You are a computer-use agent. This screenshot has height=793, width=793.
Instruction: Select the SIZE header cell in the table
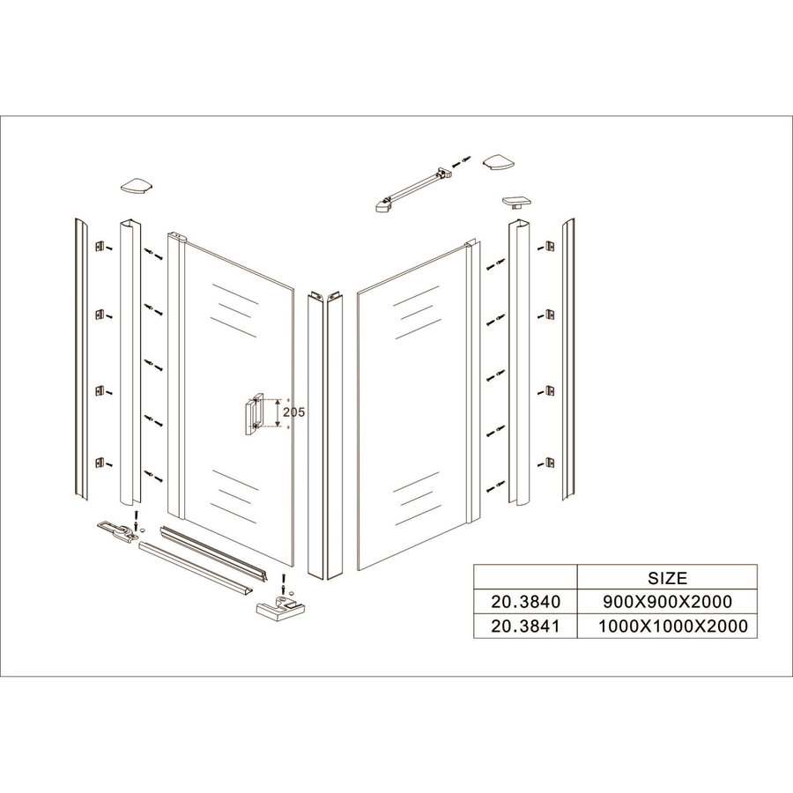click(x=667, y=579)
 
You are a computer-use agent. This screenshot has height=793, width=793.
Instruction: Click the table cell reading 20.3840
click(x=524, y=602)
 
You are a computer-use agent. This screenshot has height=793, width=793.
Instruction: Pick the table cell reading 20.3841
click(x=524, y=626)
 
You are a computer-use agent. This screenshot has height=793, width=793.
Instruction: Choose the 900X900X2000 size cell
click(x=667, y=602)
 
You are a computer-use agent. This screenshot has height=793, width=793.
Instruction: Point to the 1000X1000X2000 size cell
click(x=667, y=626)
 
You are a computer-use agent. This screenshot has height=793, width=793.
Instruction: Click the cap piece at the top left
click(x=137, y=186)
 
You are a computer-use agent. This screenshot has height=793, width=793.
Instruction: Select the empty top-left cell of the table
click(x=524, y=579)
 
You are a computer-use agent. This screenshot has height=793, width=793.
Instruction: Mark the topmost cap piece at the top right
click(x=499, y=162)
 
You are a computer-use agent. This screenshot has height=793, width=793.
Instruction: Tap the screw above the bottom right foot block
click(x=282, y=582)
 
